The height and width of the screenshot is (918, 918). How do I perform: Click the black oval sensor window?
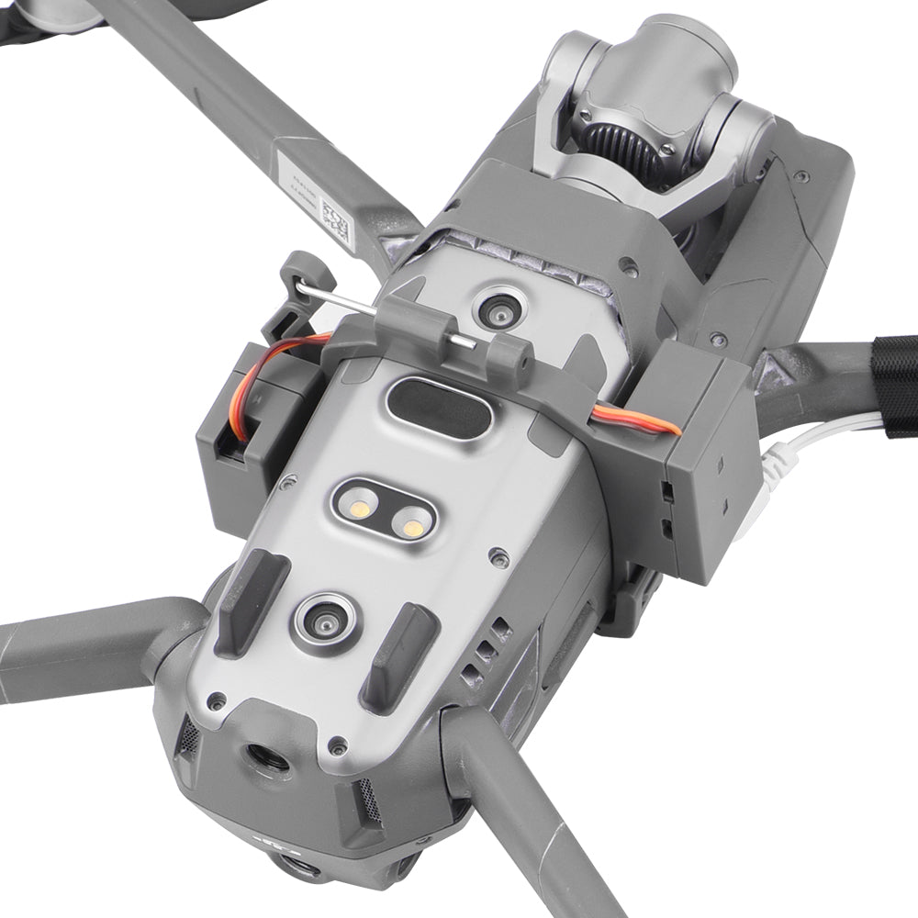pyautogui.click(x=440, y=404)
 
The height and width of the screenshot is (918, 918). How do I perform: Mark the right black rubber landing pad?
pyautogui.click(x=398, y=655)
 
